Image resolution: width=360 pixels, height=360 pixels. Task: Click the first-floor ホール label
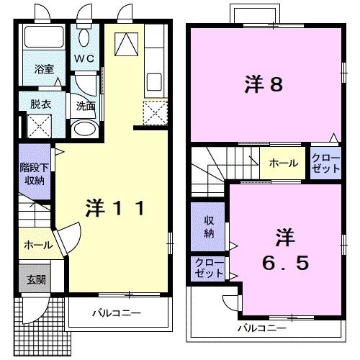click(x=37, y=245)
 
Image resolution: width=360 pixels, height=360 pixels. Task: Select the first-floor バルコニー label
click(x=115, y=313)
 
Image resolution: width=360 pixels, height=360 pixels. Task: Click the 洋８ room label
click(x=265, y=85)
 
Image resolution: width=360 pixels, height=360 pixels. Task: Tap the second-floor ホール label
click(x=283, y=163)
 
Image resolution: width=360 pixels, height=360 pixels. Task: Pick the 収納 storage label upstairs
click(x=208, y=227)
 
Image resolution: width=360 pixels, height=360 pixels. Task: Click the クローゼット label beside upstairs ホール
click(x=325, y=163)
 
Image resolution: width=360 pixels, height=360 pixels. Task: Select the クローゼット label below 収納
click(x=207, y=269)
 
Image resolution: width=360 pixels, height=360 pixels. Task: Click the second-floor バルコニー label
click(x=262, y=328)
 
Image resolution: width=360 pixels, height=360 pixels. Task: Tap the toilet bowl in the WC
click(x=84, y=37)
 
